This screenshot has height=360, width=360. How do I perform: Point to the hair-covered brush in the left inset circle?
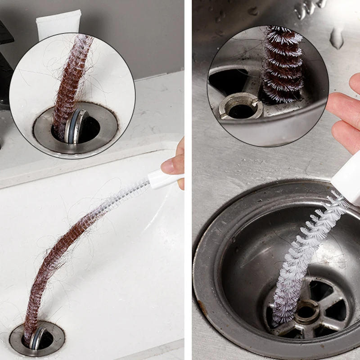(x=72, y=81)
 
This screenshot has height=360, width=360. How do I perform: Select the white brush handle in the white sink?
(x=165, y=178)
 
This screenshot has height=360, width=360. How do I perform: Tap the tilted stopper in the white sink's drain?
(x=37, y=337)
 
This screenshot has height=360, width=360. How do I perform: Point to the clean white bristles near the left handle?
(x=130, y=191)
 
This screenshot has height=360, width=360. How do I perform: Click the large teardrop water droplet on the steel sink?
(x=337, y=38)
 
